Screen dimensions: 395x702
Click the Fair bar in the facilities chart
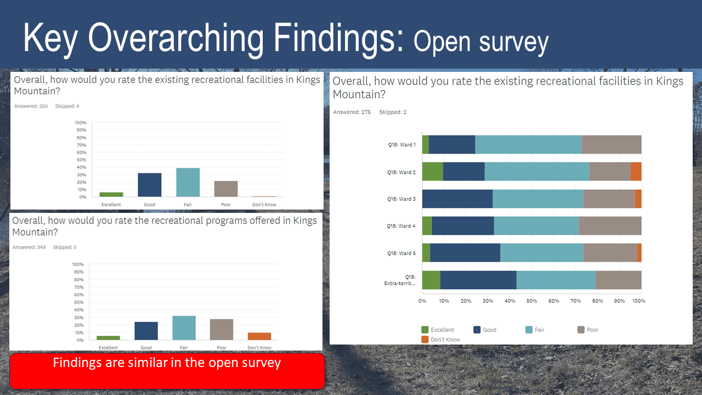(188, 182)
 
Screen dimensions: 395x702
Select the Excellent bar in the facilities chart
(111, 194)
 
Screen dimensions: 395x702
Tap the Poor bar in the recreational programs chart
(222, 329)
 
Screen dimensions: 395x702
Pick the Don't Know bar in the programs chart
(259, 336)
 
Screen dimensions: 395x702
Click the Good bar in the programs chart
(146, 331)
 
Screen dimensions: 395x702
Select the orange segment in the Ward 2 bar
(636, 172)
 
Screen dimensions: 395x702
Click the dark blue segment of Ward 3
(457, 199)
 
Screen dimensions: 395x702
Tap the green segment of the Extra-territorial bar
(431, 280)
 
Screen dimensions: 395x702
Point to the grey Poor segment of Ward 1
(611, 144)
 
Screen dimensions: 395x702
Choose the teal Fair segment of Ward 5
(541, 253)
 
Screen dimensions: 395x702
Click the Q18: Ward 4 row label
(401, 226)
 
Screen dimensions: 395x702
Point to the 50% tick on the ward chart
(531, 301)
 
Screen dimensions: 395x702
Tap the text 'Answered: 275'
(352, 112)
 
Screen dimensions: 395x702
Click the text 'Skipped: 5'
(64, 247)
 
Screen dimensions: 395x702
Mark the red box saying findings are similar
(167, 371)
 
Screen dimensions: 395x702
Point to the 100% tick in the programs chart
(78, 264)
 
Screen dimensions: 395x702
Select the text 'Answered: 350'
(32, 106)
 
